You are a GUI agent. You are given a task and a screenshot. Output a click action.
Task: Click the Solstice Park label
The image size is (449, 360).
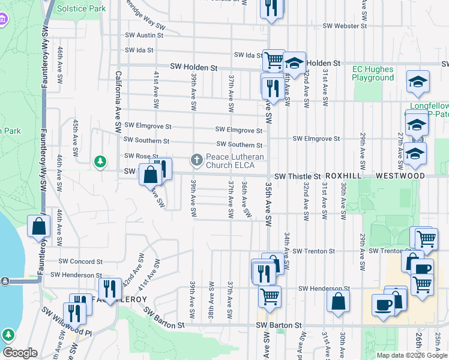coord(81,9)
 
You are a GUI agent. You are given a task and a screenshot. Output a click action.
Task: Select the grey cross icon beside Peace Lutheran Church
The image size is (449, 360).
coord(196,160)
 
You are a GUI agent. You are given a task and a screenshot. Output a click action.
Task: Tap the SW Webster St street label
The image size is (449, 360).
coord(344,26)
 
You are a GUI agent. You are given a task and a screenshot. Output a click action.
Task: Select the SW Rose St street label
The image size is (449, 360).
coord(141,156)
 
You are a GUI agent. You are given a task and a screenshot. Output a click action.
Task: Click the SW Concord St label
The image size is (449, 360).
coord(81,262)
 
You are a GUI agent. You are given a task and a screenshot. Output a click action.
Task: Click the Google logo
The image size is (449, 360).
coord(20,353)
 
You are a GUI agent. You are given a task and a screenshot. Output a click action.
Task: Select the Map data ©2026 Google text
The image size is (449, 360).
coord(411,355)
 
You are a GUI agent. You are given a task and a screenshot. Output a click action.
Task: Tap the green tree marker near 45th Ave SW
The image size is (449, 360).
coord(100,161)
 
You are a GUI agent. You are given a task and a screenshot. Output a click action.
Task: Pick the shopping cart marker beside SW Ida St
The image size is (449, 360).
coord(274,59)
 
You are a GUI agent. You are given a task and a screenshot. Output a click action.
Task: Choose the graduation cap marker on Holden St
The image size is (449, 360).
coord(294,62)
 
